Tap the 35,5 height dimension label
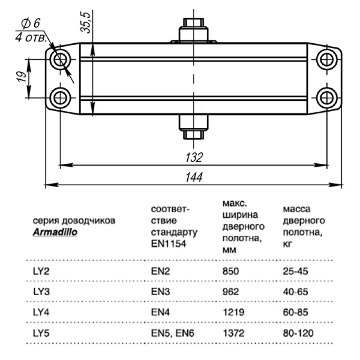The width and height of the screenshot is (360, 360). pos(85,22)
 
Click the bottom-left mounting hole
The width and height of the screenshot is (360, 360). pos(60,97)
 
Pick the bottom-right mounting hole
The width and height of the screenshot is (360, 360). pos(327,97)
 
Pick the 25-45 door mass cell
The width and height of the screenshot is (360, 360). pos(297,271)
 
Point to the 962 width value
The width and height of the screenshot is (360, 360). pos(231,292)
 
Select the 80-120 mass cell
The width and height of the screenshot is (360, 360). pos(298,333)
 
